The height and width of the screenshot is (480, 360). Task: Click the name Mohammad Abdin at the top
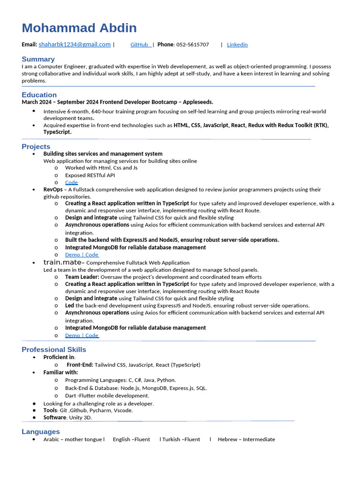click(x=79, y=28)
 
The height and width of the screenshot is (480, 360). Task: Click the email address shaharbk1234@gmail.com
click(x=75, y=45)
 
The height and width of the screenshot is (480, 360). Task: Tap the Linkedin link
click(x=237, y=45)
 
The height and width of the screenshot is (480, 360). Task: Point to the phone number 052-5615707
click(x=193, y=45)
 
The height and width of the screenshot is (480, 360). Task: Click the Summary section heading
click(x=38, y=59)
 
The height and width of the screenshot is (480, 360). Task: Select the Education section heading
click(x=39, y=95)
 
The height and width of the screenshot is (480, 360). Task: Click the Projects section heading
click(x=36, y=147)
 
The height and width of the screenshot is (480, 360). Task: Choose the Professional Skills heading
click(x=54, y=350)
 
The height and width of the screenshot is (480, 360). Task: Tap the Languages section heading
click(x=41, y=432)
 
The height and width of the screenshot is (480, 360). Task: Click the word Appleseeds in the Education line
click(x=197, y=102)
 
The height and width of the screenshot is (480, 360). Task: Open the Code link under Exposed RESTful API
click(x=71, y=182)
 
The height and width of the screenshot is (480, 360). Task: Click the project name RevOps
click(x=52, y=189)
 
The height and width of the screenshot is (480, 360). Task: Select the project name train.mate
click(x=62, y=262)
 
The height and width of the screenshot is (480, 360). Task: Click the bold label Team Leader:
click(x=82, y=277)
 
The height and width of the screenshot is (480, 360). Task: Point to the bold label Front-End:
click(x=80, y=365)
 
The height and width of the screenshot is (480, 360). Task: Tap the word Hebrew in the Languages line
click(x=227, y=439)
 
